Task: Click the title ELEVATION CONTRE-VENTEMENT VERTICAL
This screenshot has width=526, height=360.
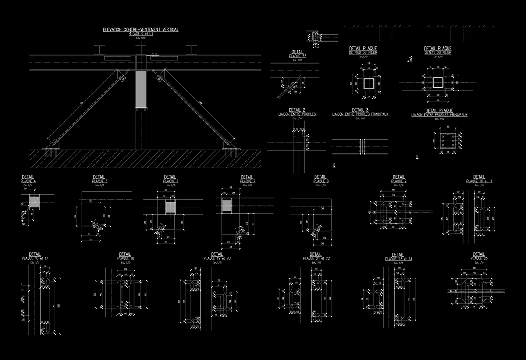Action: pyautogui.click(x=141, y=29)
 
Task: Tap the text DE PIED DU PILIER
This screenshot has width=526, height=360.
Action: pyautogui.click(x=363, y=52)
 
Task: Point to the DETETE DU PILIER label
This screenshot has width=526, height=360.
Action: pyautogui.click(x=437, y=52)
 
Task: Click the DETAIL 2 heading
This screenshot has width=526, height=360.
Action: pyautogui.click(x=297, y=110)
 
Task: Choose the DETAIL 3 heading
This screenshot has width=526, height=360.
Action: pyautogui.click(x=360, y=110)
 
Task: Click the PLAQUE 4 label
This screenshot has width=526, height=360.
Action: pyautogui.click(x=28, y=181)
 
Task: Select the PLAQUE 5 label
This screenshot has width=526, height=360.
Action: pyautogui.click(x=100, y=181)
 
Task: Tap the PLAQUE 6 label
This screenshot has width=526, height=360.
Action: pyautogui.click(x=171, y=181)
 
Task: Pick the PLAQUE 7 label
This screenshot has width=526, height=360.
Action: pyautogui.click(x=248, y=181)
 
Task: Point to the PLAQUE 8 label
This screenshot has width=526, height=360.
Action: pyautogui.click(x=321, y=181)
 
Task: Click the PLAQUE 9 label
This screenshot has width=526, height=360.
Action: pyautogui.click(x=399, y=181)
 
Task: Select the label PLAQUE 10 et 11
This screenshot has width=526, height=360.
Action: pyautogui.click(x=479, y=181)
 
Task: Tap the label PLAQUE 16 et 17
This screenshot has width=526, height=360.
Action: pyautogui.click(x=35, y=258)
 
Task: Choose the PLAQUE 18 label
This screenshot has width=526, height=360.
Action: pyautogui.click(x=126, y=258)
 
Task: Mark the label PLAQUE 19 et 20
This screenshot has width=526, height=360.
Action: pyautogui.click(x=217, y=258)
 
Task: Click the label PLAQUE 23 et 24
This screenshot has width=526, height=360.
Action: pyautogui.click(x=398, y=259)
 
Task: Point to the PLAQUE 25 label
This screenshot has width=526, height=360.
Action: pyautogui.click(x=479, y=258)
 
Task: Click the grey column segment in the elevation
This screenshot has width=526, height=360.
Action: pyautogui.click(x=141, y=89)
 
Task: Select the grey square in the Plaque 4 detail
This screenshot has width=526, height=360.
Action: pyautogui.click(x=35, y=202)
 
